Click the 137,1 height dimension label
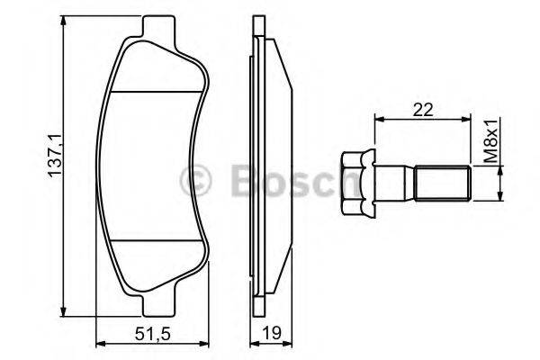pyautogui.click(x=55, y=156)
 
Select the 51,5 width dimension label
pyautogui.click(x=153, y=334)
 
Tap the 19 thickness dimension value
pyautogui.click(x=272, y=333)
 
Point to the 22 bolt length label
pyautogui.click(x=423, y=110)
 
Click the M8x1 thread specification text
pyautogui.click(x=490, y=141)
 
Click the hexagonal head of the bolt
pyautogui.click(x=358, y=184)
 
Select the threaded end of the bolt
pyautogui.click(x=443, y=183)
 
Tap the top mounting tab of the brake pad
pyautogui.click(x=158, y=27)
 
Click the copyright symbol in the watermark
pyautogui.click(x=195, y=181)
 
